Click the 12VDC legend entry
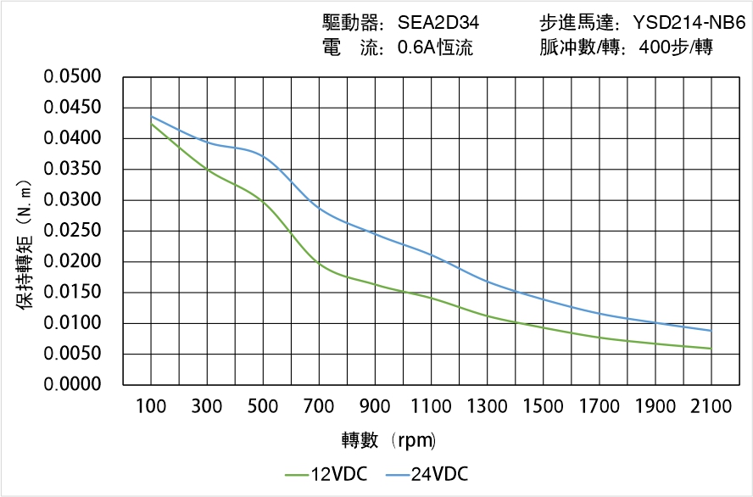tap(326, 474)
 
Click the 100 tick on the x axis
tap(151, 407)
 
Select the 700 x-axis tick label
tap(319, 407)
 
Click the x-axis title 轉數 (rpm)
tap(388, 440)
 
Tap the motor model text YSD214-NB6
tap(689, 23)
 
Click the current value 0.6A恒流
tap(435, 48)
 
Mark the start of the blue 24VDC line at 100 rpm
tap(151, 116)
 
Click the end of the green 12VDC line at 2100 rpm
tap(711, 349)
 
